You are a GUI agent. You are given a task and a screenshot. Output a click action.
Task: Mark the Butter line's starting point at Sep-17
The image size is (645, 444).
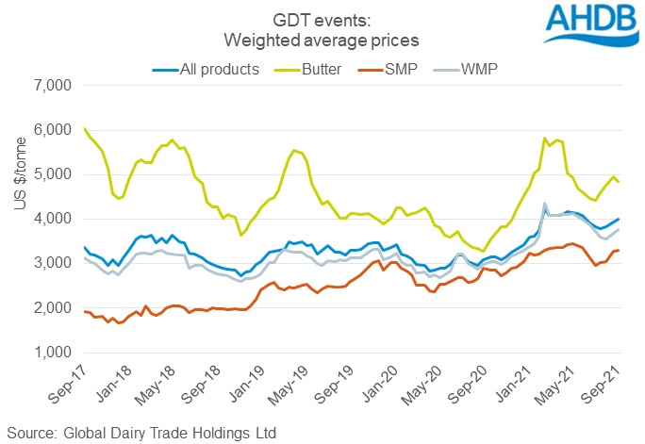click(x=85, y=128)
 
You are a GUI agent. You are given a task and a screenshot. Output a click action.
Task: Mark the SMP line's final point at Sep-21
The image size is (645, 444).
click(x=618, y=250)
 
